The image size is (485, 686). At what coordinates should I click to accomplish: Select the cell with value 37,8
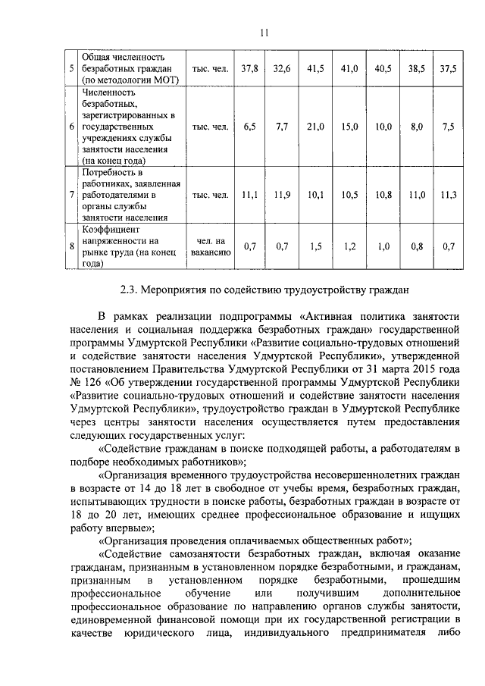coord(250,68)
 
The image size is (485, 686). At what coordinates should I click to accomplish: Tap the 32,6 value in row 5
coord(282,68)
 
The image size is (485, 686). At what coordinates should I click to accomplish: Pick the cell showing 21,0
coord(316,127)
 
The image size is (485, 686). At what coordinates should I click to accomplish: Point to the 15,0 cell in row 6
coord(349,127)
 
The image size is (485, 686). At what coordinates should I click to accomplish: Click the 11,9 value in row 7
coord(282,195)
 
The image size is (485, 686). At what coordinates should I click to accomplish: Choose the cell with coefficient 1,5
coord(316,246)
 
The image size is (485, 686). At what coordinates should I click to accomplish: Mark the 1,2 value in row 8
coord(349,246)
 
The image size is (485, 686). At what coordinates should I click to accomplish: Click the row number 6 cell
coord(70,127)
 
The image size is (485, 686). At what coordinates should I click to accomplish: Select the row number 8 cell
coord(70,246)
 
